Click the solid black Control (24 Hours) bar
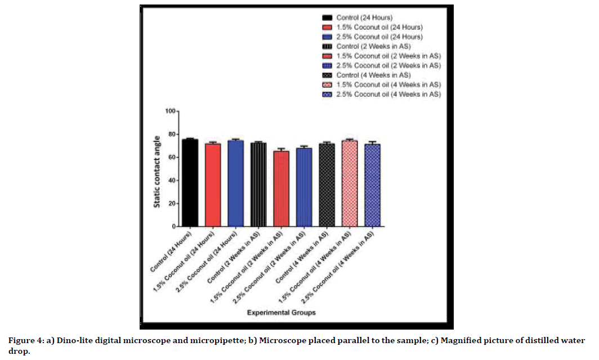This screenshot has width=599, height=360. coord(190,183)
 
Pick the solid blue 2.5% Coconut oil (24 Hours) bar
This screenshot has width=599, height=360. coord(235,184)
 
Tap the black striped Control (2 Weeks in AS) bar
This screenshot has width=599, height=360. coord(258,185)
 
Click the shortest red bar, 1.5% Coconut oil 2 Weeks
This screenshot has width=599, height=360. coord(281,189)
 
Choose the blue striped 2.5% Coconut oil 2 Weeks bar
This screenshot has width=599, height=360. coord(304,188)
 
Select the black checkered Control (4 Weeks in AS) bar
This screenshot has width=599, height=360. coord(327,185)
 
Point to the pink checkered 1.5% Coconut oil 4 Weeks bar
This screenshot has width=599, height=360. coord(350,184)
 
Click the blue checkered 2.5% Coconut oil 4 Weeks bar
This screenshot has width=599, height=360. coord(372,185)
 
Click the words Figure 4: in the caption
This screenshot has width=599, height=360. coord(24,340)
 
